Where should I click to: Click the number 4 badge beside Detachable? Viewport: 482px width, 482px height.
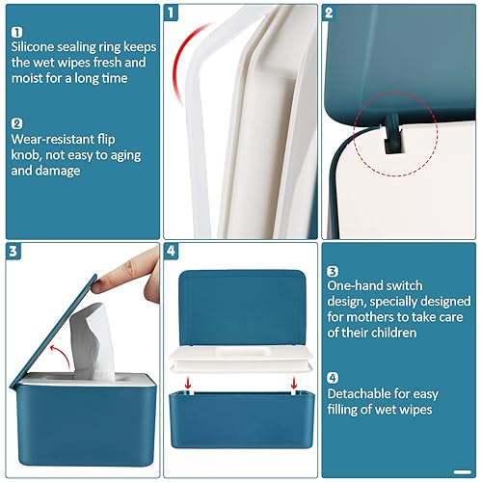pos(332,377)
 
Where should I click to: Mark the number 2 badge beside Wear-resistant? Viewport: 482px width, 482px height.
pos(18,123)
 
